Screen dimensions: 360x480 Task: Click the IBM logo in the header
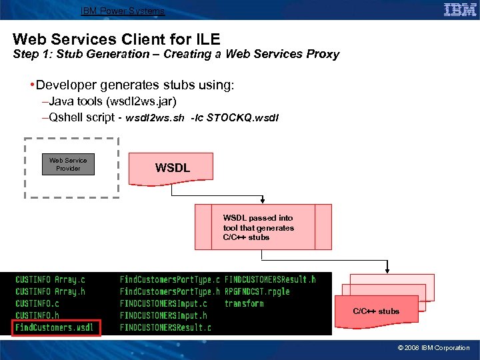coord(460,10)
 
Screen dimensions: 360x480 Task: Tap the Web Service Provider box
coord(68,165)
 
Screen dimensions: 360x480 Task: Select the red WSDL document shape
coord(173,169)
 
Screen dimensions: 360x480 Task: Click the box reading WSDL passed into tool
coord(263,227)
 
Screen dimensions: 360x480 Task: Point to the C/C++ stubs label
coord(376,311)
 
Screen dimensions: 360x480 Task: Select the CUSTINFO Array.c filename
coord(51,279)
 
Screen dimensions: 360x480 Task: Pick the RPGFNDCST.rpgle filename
coord(257,291)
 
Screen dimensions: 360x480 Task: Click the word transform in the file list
coord(244,303)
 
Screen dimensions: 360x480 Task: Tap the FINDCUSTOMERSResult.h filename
coord(270,279)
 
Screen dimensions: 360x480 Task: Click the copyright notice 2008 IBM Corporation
coord(433,347)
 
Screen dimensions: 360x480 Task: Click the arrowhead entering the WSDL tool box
coord(263,201)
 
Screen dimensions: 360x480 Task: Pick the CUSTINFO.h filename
coord(37,315)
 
